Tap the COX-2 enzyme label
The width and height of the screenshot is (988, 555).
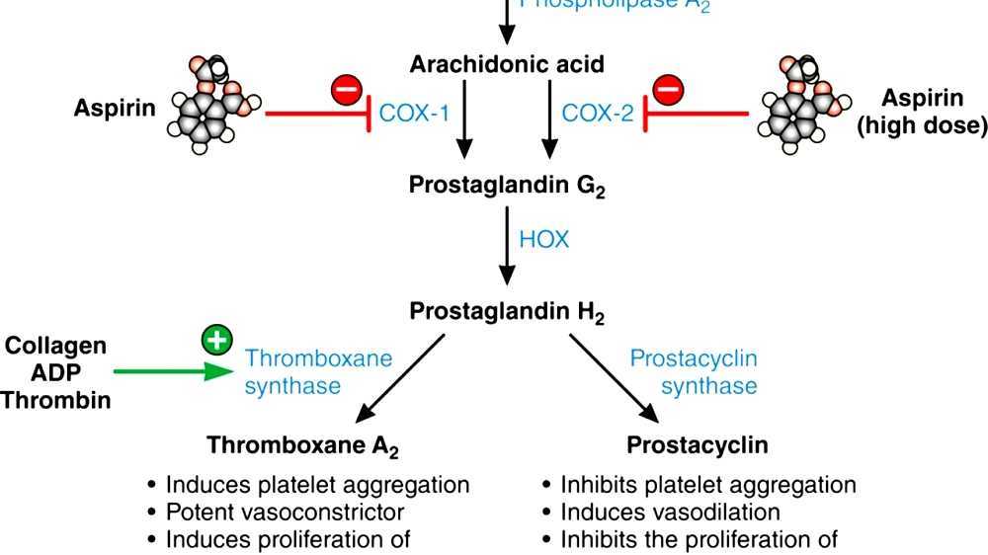pyautogui.click(x=597, y=113)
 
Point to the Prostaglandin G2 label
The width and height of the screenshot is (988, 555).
pyautogui.click(x=507, y=185)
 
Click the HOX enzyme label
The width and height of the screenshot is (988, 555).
pyautogui.click(x=543, y=240)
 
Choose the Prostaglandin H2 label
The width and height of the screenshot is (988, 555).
pyautogui.click(x=507, y=312)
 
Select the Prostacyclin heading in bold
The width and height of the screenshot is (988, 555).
pyautogui.click(x=698, y=445)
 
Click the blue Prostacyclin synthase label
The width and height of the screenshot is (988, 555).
pyautogui.click(x=694, y=372)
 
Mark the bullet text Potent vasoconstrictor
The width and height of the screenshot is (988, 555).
pyautogui.click(x=285, y=513)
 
